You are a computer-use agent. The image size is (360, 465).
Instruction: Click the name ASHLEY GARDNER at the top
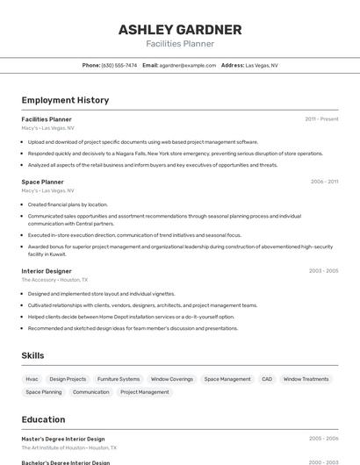point(180,29)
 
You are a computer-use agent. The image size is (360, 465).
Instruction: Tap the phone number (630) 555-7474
point(119,65)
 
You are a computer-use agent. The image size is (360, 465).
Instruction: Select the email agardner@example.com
point(187,65)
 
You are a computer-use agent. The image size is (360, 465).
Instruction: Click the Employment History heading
point(65,100)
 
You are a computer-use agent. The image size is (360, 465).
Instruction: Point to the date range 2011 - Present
point(321,118)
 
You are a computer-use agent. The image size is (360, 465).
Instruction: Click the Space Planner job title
point(42,182)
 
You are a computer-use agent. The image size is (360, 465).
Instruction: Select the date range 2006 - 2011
point(324,182)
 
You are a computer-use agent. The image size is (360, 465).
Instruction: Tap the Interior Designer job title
point(47,271)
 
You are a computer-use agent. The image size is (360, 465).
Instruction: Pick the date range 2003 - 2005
point(324,271)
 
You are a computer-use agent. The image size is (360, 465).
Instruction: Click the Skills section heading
point(32,355)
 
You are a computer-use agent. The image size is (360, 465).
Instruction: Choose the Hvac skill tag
point(32,379)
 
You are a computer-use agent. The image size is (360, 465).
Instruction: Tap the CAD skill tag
point(267,379)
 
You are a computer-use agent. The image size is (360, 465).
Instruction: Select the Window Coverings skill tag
point(172,379)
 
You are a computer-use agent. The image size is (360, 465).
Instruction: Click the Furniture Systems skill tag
point(119,379)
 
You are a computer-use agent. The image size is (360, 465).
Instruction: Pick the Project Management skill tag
point(145,392)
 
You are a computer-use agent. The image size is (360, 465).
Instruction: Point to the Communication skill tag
point(91,392)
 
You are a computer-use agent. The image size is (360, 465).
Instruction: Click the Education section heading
point(43,419)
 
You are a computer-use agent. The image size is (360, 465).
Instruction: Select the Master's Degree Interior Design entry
point(63,439)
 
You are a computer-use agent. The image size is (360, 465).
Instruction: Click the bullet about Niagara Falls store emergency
point(176,154)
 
